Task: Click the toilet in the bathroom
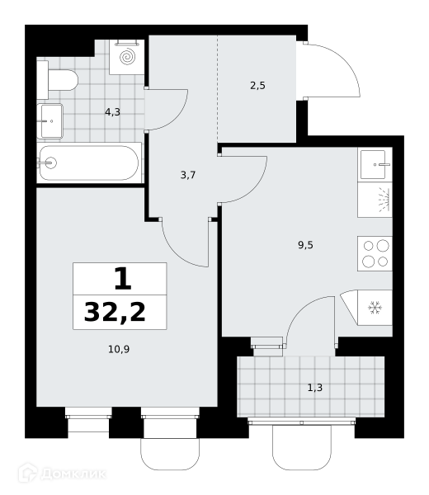[58, 80]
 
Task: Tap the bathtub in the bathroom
[89, 163]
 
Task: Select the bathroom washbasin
[49, 121]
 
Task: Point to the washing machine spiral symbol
[128, 57]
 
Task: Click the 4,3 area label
[113, 112]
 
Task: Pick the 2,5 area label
[257, 86]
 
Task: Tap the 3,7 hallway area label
[188, 175]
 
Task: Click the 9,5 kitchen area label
[305, 245]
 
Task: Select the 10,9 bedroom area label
[119, 349]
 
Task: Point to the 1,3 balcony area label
[315, 388]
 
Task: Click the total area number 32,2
[115, 312]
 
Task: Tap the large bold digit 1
[122, 279]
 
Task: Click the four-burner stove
[375, 253]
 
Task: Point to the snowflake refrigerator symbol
[375, 308]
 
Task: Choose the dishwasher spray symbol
[384, 200]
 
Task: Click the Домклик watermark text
[73, 474]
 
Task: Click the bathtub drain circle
[50, 163]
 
